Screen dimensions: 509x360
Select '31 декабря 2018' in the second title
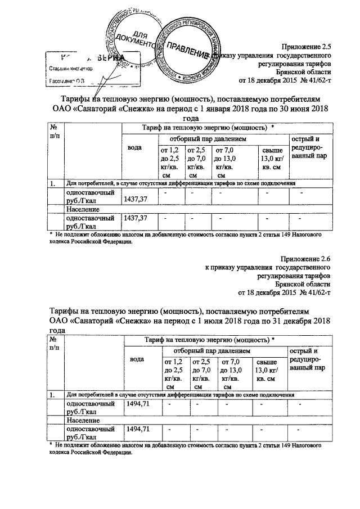pos(298,321)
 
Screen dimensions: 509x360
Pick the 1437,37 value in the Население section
pos(136,218)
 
